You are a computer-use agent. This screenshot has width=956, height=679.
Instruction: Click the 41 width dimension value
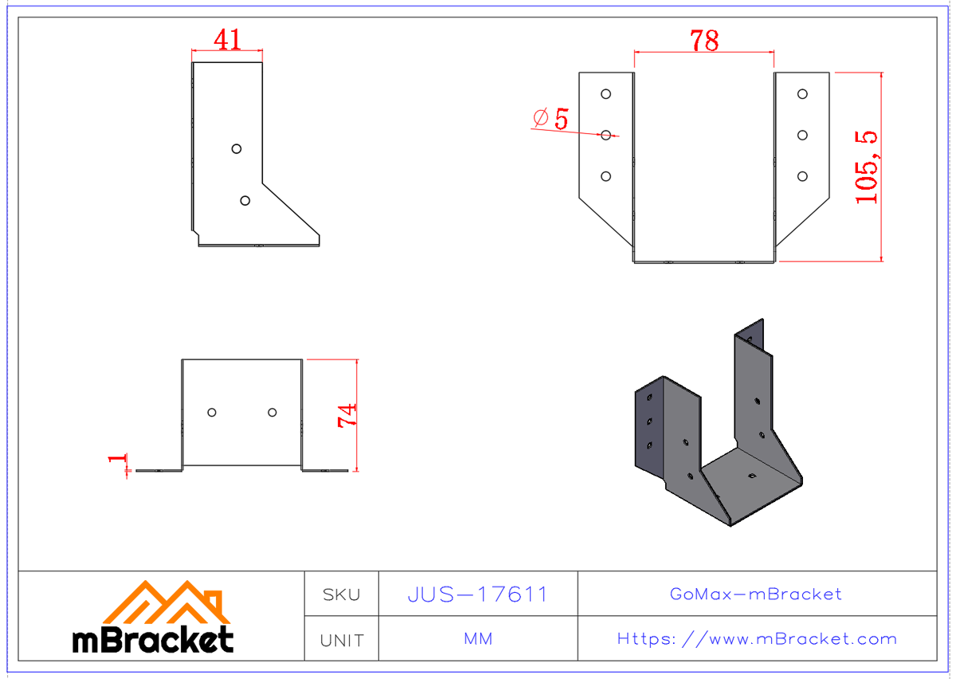click(x=228, y=39)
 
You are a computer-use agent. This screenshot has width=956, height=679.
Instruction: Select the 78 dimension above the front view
click(x=704, y=41)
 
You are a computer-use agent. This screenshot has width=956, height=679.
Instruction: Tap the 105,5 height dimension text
click(x=867, y=167)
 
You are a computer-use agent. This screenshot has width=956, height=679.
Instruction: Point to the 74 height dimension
click(x=347, y=415)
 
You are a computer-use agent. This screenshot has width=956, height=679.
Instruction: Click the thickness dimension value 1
click(x=118, y=460)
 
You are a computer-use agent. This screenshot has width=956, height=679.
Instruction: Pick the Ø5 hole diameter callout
click(x=551, y=120)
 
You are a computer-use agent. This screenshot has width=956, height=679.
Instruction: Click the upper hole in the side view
click(x=236, y=148)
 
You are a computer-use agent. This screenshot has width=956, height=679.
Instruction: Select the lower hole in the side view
click(x=245, y=201)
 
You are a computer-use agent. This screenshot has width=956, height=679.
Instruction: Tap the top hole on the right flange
click(x=803, y=94)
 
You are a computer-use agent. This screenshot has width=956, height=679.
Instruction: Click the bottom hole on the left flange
click(x=605, y=176)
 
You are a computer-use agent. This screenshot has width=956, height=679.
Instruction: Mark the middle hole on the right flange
click(x=803, y=135)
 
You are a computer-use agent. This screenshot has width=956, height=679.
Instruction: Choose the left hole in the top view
click(x=212, y=412)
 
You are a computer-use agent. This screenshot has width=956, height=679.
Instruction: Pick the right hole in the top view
click(x=272, y=412)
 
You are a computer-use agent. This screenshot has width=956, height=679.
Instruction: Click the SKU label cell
click(x=341, y=595)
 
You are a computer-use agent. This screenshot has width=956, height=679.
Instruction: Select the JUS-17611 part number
click(x=477, y=595)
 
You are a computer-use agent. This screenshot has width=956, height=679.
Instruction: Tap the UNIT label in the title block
click(x=341, y=640)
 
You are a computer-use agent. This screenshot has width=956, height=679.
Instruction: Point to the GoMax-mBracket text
click(x=756, y=595)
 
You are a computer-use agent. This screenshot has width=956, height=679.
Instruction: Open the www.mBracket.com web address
click(x=757, y=639)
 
